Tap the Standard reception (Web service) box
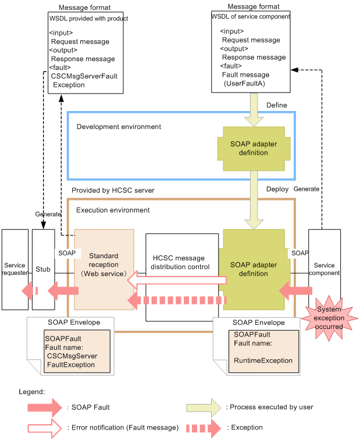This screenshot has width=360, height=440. coord(104,265)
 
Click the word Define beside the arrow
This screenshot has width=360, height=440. coord(276,105)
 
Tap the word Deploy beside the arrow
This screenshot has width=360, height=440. coord(277,189)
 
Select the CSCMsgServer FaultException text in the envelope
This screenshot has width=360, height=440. coord(72,360)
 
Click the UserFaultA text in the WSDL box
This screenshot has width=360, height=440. coord(244,84)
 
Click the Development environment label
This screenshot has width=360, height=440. coord(119,127)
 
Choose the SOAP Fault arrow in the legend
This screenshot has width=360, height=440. coord(44,407)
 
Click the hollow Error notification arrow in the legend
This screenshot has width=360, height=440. coord(44,428)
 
